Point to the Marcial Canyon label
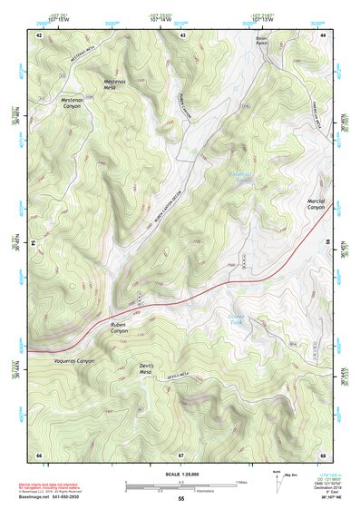[x=315, y=204]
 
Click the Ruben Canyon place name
[x=120, y=326]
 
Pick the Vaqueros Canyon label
[x=72, y=361]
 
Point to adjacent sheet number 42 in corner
[x=39, y=34]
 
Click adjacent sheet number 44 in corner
[x=324, y=34]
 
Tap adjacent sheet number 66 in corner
[x=39, y=455]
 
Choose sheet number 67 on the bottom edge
[x=181, y=455]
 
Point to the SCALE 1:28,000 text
[x=181, y=473]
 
